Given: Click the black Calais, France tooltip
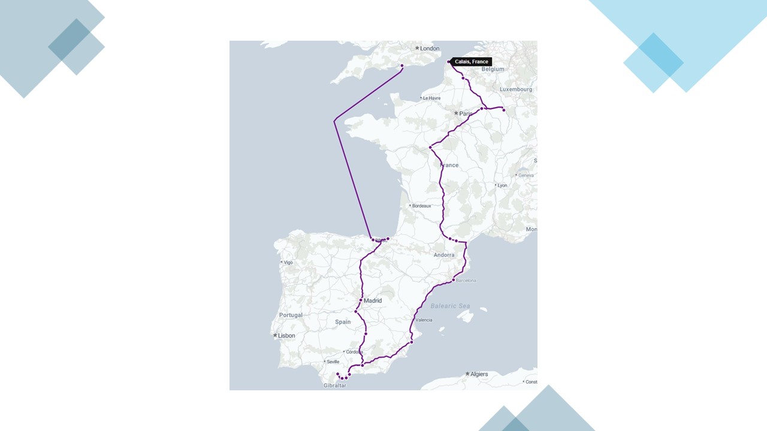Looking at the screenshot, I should pos(472,62).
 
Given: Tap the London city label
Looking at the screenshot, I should pos(430,48).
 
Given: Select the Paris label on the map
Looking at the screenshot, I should pos(466,114).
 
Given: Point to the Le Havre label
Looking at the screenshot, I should pos(431,98).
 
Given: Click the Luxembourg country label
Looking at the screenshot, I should pos(516,89).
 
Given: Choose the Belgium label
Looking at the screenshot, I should pos(493,69).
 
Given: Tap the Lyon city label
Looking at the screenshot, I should pos(502,186).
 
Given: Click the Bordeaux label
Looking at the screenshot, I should pos(421,206).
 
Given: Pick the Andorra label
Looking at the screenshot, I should pos(444,255).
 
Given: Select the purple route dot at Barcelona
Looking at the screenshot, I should pos(454,280).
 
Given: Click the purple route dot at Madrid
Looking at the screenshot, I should pos(361,300).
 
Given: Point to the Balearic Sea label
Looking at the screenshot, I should pos(450,306).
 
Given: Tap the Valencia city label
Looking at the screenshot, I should pos(424,320).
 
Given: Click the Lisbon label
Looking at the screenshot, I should pos(286,336).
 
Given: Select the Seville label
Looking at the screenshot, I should pos(333,362).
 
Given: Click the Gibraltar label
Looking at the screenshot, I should pos(334,386).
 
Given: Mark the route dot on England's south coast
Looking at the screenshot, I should pos(402,65).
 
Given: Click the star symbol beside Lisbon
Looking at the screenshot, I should pos(275,335).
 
